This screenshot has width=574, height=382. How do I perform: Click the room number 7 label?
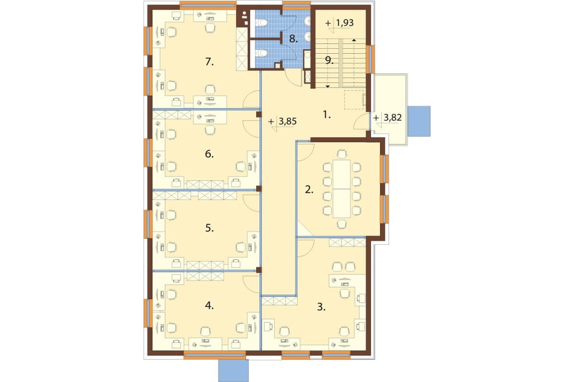click(x=209, y=62)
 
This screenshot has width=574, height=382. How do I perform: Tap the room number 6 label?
click(x=209, y=154)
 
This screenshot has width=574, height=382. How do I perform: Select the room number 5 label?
click(x=209, y=229)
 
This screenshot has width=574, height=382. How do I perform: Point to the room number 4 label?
click(x=209, y=305)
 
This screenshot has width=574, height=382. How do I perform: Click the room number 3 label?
click(x=321, y=308)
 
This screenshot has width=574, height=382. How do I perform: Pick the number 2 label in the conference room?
click(x=309, y=189)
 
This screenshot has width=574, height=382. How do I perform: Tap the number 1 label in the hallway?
click(x=327, y=115)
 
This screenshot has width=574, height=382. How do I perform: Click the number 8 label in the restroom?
click(x=293, y=39)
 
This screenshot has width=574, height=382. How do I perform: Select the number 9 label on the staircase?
click(x=330, y=60)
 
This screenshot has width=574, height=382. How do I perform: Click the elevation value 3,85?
click(x=288, y=121)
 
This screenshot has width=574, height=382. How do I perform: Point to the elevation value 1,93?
click(x=345, y=23)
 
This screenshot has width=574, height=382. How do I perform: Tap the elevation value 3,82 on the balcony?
click(x=392, y=118)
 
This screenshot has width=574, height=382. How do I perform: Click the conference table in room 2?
click(x=341, y=189)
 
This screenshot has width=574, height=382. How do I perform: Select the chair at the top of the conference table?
click(x=341, y=153)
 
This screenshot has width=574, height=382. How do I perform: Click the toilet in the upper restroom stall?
click(x=262, y=23)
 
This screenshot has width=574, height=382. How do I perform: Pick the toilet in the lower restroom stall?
click(x=262, y=53)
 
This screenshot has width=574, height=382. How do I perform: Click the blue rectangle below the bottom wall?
click(x=234, y=371)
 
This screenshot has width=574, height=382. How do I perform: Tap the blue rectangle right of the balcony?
click(x=419, y=121)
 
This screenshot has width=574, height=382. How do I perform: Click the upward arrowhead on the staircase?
click(x=354, y=40)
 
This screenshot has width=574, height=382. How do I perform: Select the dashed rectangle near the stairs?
click(x=355, y=100)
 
